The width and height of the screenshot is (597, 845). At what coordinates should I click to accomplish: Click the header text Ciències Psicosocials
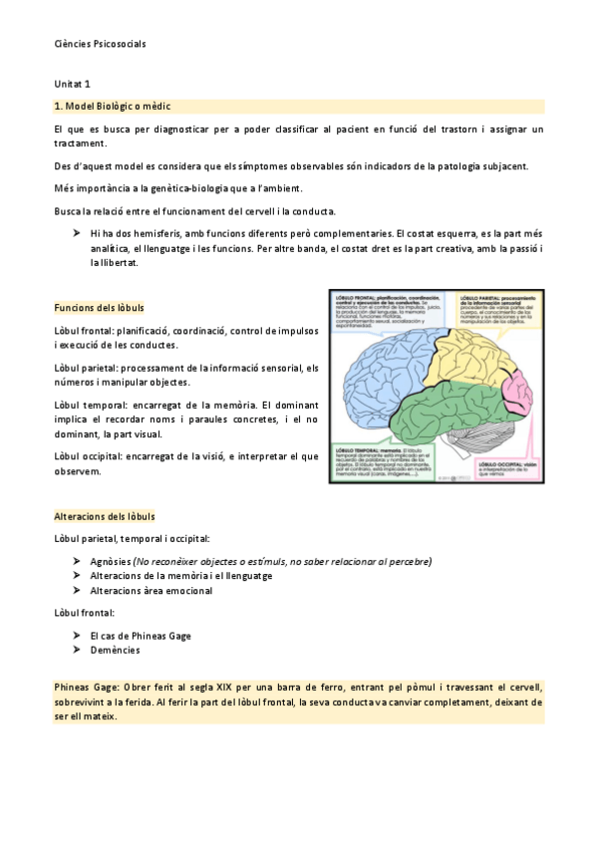tap(100, 45)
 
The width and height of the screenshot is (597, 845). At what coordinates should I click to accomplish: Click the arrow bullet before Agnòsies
tap(77, 561)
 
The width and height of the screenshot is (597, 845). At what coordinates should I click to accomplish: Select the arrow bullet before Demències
tap(77, 650)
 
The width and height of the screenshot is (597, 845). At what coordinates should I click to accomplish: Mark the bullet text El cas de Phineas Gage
tap(140, 636)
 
